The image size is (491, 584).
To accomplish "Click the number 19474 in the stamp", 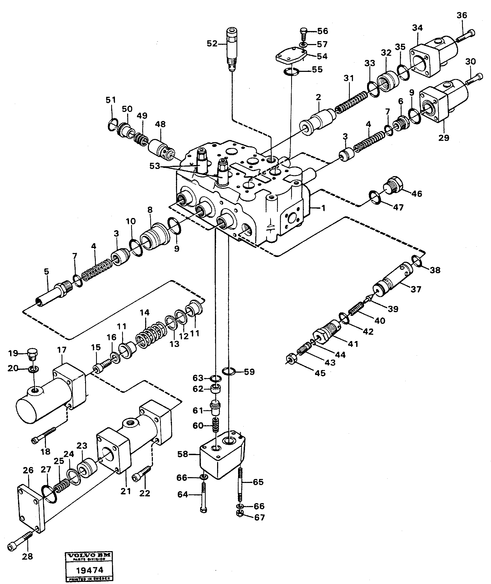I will [90, 570].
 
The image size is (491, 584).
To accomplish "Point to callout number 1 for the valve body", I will [323, 208].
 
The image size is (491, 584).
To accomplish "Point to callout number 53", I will [155, 166].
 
